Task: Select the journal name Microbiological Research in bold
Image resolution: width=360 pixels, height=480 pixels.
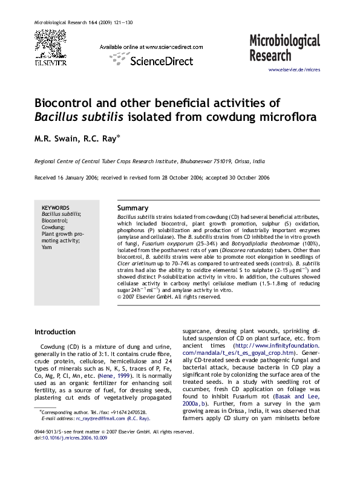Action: [284, 48]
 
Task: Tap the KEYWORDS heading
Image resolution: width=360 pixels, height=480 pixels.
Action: [55, 207]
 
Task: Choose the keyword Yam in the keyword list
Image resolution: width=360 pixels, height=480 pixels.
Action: [46, 247]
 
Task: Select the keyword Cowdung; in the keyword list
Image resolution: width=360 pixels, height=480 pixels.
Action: [53, 227]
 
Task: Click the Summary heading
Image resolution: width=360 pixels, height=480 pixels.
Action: [133, 207]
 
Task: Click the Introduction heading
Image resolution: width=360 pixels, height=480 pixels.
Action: [55, 332]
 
